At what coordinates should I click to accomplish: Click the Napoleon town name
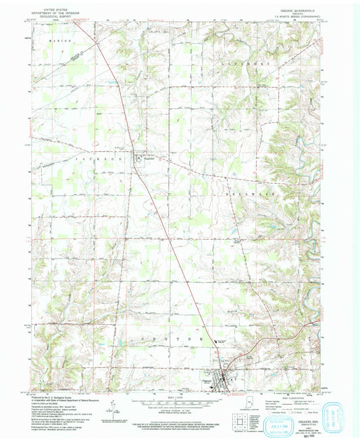tap(150, 161)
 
